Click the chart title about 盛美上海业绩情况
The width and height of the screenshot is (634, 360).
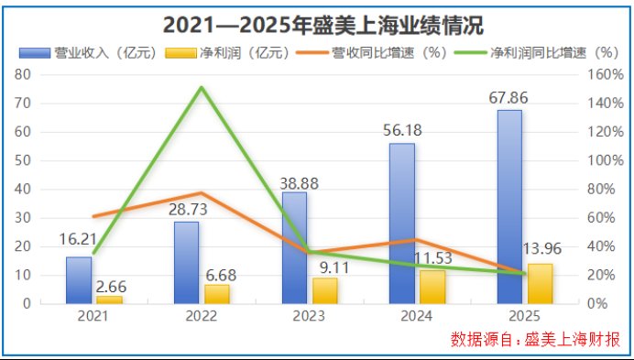click(x=317, y=23)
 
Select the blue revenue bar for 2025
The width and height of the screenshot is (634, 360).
click(x=509, y=206)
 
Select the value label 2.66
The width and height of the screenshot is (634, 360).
click(x=112, y=286)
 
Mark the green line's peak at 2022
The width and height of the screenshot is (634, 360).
click(x=202, y=88)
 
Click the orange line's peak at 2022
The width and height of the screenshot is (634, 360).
click(x=202, y=193)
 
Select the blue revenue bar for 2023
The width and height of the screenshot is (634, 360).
click(x=294, y=247)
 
